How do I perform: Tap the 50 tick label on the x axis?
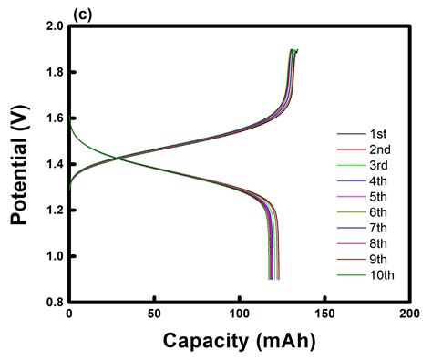154,314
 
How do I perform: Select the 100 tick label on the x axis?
240,314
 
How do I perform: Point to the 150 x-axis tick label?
324,314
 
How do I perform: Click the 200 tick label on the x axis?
410,314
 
